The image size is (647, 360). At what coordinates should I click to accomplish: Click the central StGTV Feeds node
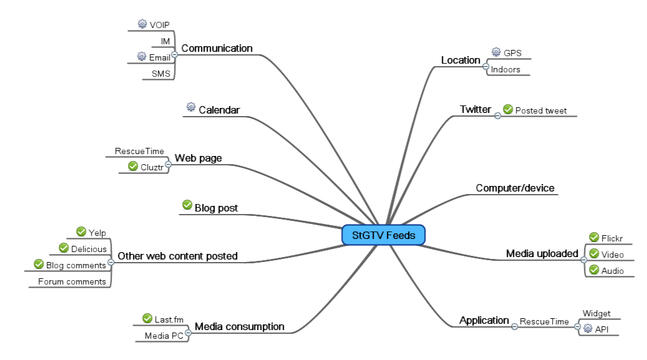383,235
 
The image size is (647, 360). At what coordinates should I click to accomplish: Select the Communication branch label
216,48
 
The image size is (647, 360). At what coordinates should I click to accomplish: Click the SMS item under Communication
161,74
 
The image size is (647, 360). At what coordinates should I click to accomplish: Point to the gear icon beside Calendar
190,107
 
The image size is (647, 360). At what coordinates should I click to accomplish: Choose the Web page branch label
198,158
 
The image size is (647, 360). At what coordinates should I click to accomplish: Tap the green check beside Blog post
187,205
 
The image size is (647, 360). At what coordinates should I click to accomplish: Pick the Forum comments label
73,282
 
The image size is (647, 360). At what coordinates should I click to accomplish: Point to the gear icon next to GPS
496,52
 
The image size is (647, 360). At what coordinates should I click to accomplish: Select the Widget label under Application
597,312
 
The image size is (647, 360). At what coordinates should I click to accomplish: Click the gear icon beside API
588,329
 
